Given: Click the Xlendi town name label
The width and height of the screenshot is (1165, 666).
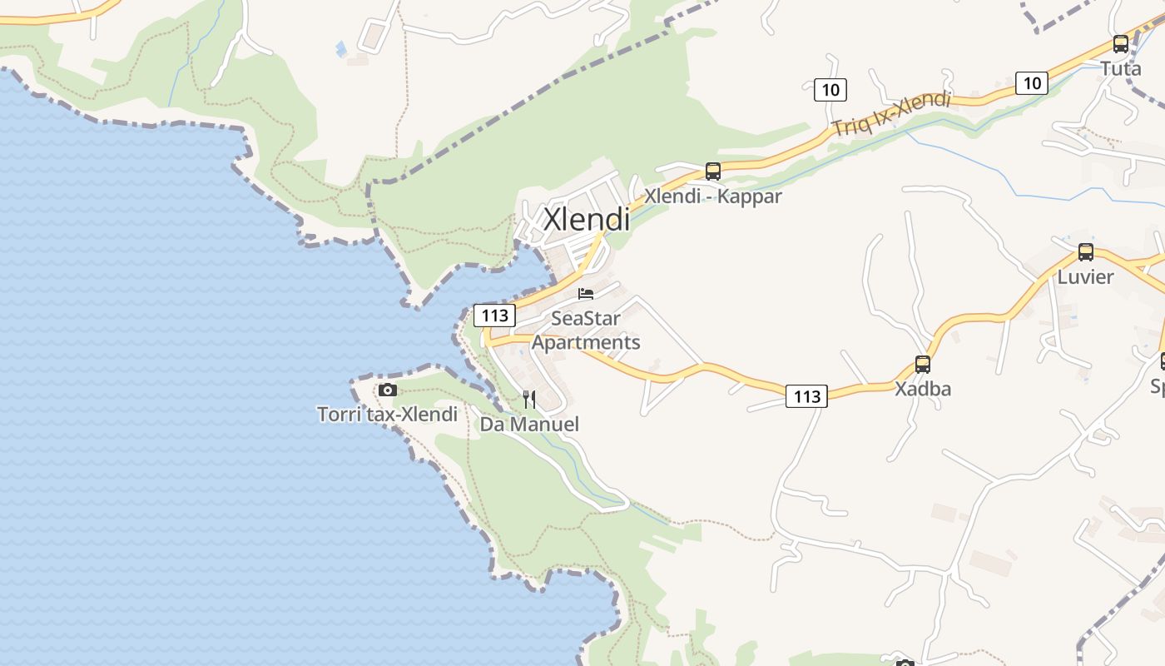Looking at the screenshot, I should click(x=587, y=219).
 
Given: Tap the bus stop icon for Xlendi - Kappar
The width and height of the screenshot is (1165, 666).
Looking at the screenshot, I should click(x=713, y=171).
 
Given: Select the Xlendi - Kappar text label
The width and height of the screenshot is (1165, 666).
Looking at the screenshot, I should click(x=713, y=196).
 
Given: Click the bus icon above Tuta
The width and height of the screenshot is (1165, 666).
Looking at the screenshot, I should click(x=1121, y=44).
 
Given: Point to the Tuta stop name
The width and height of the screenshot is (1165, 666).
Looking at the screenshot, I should click(x=1121, y=68).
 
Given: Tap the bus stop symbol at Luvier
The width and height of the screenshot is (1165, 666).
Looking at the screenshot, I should click(x=1086, y=252).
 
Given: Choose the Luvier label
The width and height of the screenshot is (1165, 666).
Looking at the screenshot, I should click(x=1085, y=276).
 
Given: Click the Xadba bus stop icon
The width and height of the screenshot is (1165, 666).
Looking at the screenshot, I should click(x=923, y=365).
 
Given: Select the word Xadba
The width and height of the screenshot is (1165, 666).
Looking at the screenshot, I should click(x=923, y=389).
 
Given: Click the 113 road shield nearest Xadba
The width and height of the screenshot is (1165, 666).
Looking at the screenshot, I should click(x=807, y=397).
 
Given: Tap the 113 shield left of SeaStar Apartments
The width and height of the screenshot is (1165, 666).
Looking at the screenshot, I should click(x=495, y=316).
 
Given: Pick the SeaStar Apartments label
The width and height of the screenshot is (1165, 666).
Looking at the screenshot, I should click(x=586, y=331).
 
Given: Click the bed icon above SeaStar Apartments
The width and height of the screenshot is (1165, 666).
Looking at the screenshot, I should click(x=586, y=294).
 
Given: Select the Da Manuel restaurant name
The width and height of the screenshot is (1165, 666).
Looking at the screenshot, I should click(x=529, y=425).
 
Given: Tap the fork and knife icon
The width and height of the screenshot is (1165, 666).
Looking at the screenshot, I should click(x=529, y=400).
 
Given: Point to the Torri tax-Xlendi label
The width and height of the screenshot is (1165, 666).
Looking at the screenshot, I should click(x=388, y=414).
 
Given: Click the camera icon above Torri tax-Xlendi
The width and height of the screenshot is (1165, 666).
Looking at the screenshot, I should click(x=388, y=390).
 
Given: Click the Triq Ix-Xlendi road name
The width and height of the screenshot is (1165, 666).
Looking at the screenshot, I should click(x=891, y=115).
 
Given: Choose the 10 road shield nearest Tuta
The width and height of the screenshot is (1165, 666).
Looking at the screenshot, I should click(x=1032, y=83).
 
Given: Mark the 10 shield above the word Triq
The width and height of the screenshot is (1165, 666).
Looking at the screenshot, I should click(x=830, y=89).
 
